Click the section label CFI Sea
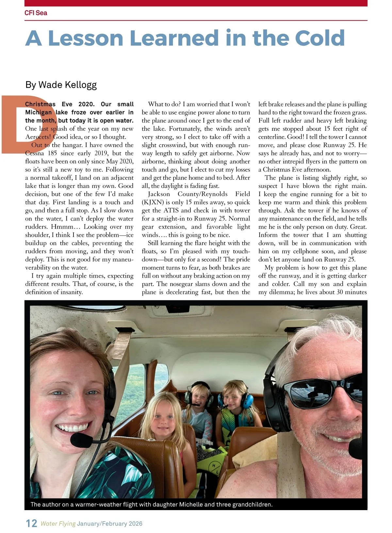(36, 13)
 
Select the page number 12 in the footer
(31, 523)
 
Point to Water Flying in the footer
(58, 524)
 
